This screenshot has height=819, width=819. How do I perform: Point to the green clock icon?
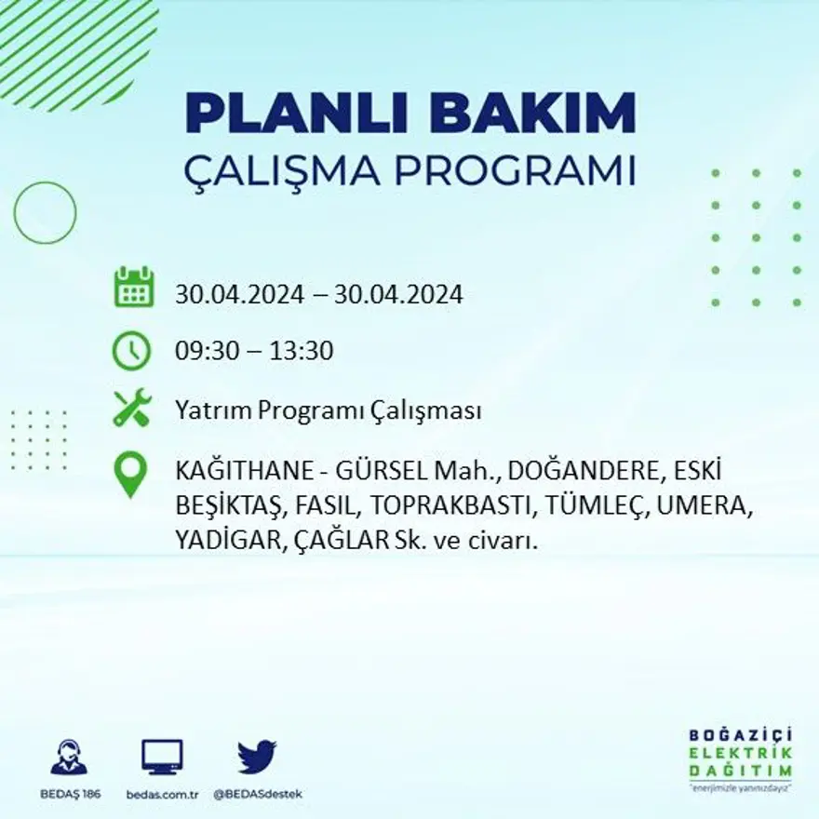(131, 351)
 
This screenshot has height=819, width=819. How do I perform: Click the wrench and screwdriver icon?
(131, 409)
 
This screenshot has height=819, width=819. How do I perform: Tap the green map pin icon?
(130, 474)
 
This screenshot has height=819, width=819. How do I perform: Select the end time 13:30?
(302, 352)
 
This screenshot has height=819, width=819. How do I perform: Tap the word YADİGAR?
(223, 541)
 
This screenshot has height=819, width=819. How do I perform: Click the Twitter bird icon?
(257, 757)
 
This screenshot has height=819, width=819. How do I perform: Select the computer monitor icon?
(162, 758)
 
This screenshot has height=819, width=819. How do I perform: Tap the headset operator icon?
(69, 758)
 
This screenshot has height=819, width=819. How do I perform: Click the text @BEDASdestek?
(258, 794)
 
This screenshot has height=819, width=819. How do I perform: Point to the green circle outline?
(45, 213)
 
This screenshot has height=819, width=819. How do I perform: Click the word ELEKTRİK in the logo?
(741, 754)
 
